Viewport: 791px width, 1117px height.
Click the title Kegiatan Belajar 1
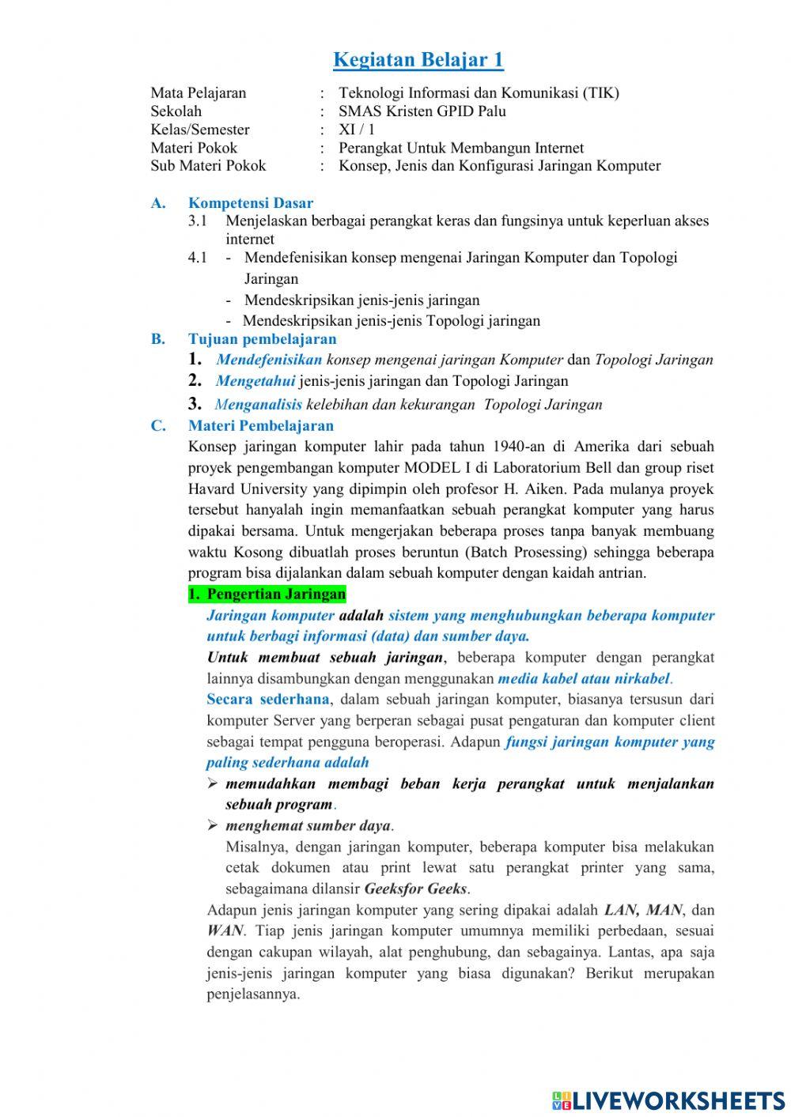coord(418,60)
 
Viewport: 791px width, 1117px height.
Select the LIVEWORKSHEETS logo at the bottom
coord(668,1100)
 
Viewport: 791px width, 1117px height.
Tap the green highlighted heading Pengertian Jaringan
coord(267,594)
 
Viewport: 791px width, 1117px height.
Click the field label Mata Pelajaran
coord(198,93)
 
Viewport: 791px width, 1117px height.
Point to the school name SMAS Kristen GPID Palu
coord(422,111)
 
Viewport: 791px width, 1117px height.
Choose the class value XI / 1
coord(357,130)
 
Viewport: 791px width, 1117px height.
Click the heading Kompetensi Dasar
coord(250,203)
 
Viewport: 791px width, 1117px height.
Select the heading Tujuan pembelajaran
coord(262,339)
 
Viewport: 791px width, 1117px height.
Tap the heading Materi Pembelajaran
coord(261,426)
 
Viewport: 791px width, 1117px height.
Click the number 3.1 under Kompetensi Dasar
coord(198,221)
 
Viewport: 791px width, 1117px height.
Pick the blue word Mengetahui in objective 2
coord(255,381)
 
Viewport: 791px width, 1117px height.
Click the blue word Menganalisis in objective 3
coord(258,405)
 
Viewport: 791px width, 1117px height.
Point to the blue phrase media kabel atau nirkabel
coord(584,678)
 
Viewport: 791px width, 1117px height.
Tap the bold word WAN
coord(225,931)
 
